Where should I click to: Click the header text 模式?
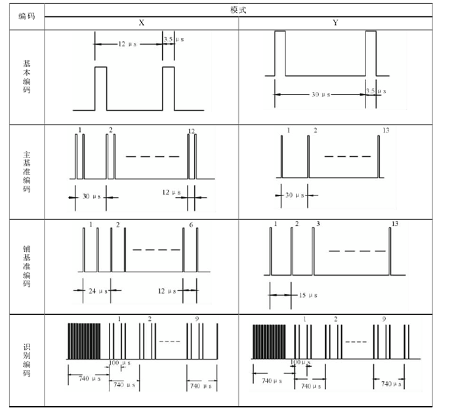click(238, 9)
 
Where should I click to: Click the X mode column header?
click(141, 22)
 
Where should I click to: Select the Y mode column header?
click(335, 22)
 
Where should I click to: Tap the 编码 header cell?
click(26, 15)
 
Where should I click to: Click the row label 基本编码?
click(26, 77)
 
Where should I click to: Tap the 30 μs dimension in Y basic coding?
click(320, 94)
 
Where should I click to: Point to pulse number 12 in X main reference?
click(192, 131)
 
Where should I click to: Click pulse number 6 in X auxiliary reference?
click(191, 225)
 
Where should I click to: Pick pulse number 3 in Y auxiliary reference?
click(318, 224)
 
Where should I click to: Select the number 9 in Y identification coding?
click(384, 319)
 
